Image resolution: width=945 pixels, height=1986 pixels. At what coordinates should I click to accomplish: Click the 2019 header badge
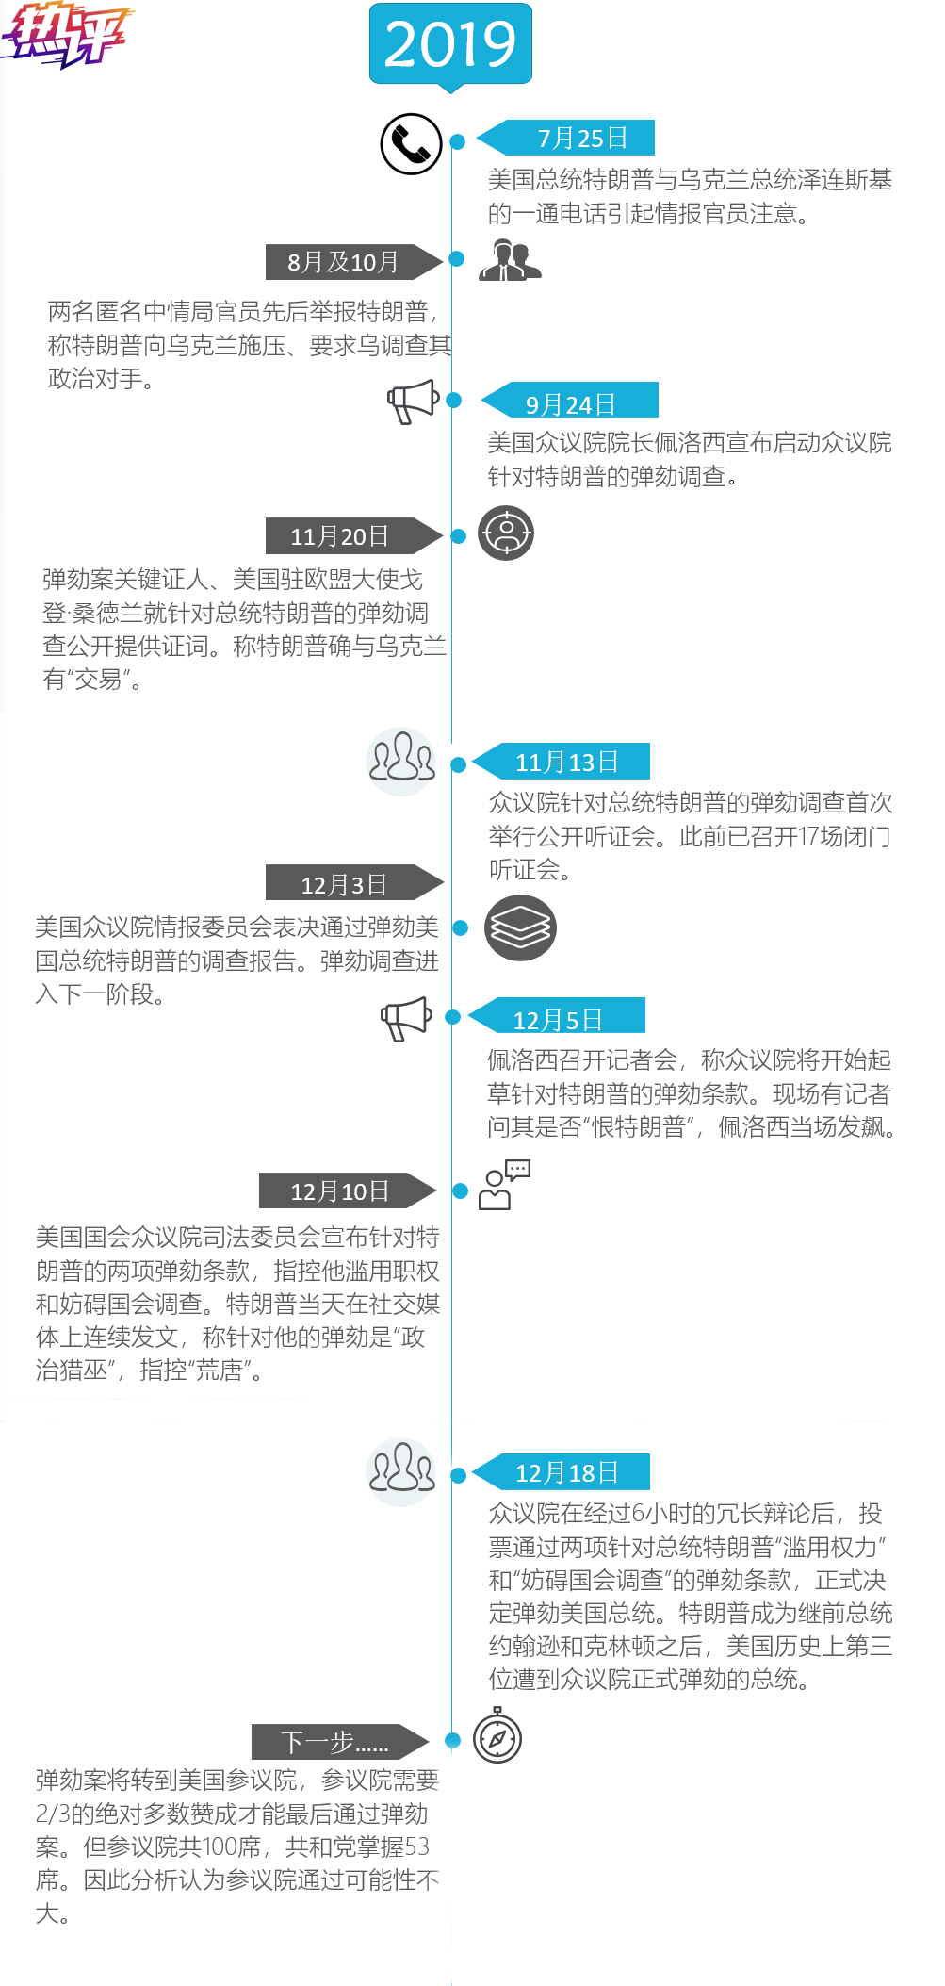(450, 44)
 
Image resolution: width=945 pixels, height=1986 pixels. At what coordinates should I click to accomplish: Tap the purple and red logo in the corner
(65, 36)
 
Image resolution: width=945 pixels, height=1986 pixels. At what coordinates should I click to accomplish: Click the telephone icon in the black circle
(411, 144)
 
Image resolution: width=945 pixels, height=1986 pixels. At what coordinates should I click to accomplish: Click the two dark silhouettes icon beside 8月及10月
(510, 259)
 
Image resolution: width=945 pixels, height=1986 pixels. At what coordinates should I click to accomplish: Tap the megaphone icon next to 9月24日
(414, 402)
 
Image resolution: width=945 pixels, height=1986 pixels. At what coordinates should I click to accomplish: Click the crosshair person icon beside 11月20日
(506, 533)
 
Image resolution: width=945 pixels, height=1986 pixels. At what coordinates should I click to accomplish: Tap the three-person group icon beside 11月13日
(402, 759)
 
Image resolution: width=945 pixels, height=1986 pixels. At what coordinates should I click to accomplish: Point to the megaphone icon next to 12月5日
(406, 1018)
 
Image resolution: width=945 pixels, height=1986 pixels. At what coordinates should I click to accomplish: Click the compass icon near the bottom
(497, 1736)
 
